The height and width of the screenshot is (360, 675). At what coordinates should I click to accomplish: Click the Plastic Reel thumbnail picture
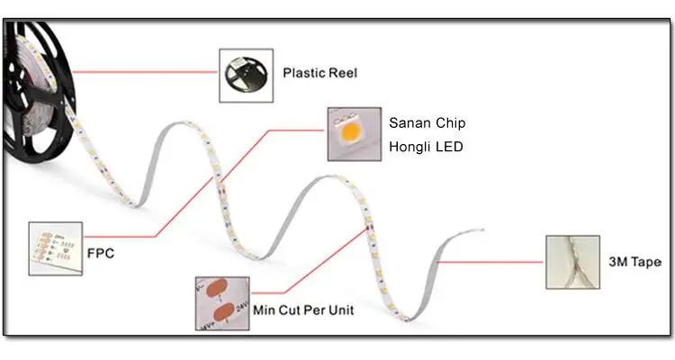pyautogui.click(x=246, y=74)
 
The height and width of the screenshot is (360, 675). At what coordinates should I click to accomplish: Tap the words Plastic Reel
pyautogui.click(x=319, y=73)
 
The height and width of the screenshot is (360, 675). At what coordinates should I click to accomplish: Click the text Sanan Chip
pyautogui.click(x=427, y=122)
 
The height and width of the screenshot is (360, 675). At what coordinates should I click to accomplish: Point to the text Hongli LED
pyautogui.click(x=426, y=146)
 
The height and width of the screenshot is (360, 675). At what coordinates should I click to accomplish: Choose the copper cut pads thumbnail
pyautogui.click(x=220, y=302)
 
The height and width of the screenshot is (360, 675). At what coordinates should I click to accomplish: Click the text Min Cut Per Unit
pyautogui.click(x=302, y=310)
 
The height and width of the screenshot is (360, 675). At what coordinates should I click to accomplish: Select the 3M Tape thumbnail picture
pyautogui.click(x=572, y=261)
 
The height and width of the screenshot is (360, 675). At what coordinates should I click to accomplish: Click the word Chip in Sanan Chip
pyautogui.click(x=449, y=122)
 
